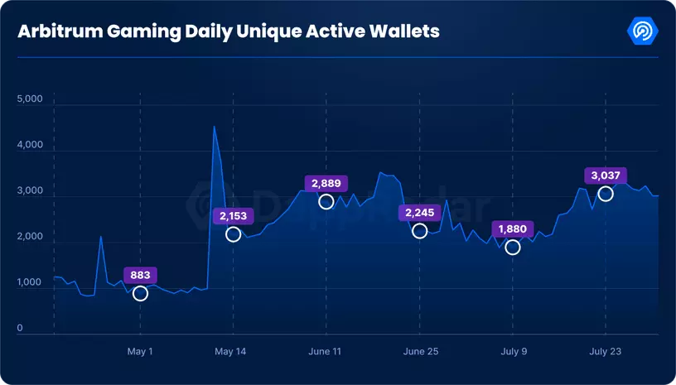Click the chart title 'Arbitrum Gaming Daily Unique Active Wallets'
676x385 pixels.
[229, 31]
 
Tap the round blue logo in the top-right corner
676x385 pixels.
[644, 31]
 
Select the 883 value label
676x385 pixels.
[140, 275]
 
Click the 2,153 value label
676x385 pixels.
[234, 216]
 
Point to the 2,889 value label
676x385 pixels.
[326, 183]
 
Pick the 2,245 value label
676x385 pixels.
[419, 213]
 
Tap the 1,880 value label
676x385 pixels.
[513, 229]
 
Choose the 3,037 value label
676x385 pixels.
[606, 175]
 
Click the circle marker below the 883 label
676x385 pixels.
[140, 294]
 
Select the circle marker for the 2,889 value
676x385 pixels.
[326, 202]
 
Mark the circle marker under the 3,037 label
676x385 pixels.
[606, 194]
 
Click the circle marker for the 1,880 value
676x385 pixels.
[513, 248]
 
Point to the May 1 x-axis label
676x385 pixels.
[140, 352]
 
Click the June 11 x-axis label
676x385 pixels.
[326, 352]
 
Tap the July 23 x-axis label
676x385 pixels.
[606, 352]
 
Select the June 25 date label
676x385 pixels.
[420, 352]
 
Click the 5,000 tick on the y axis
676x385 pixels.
[29, 99]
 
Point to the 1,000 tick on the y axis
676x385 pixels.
[29, 283]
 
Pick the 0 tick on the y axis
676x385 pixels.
[20, 330]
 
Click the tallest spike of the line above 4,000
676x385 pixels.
[215, 127]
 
